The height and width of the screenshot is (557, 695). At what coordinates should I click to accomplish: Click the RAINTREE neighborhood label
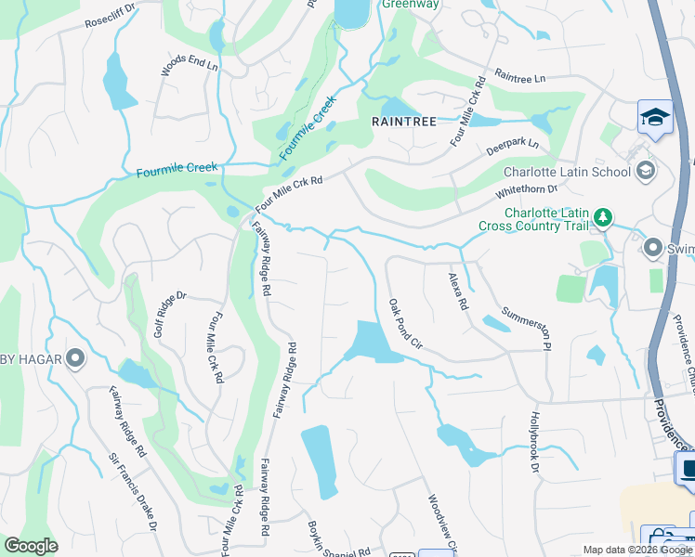[x=402, y=121]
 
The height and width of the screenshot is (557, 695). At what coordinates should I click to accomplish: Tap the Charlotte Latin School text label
[x=567, y=172]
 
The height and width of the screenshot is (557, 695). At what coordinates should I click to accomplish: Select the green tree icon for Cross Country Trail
[x=604, y=217]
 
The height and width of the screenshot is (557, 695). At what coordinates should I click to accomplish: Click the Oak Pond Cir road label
[x=406, y=323]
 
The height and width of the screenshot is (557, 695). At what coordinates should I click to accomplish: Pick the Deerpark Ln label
[x=513, y=147]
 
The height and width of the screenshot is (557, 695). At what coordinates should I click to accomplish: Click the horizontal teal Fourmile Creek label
[x=177, y=170]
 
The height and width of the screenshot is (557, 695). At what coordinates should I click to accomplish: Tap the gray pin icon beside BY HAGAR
[x=75, y=357]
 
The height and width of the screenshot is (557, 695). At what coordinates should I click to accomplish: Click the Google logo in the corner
[x=33, y=546]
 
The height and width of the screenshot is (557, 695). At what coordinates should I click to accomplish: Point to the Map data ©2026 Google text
[x=637, y=550]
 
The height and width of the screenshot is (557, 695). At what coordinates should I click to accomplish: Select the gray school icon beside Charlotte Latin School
[x=645, y=171]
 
